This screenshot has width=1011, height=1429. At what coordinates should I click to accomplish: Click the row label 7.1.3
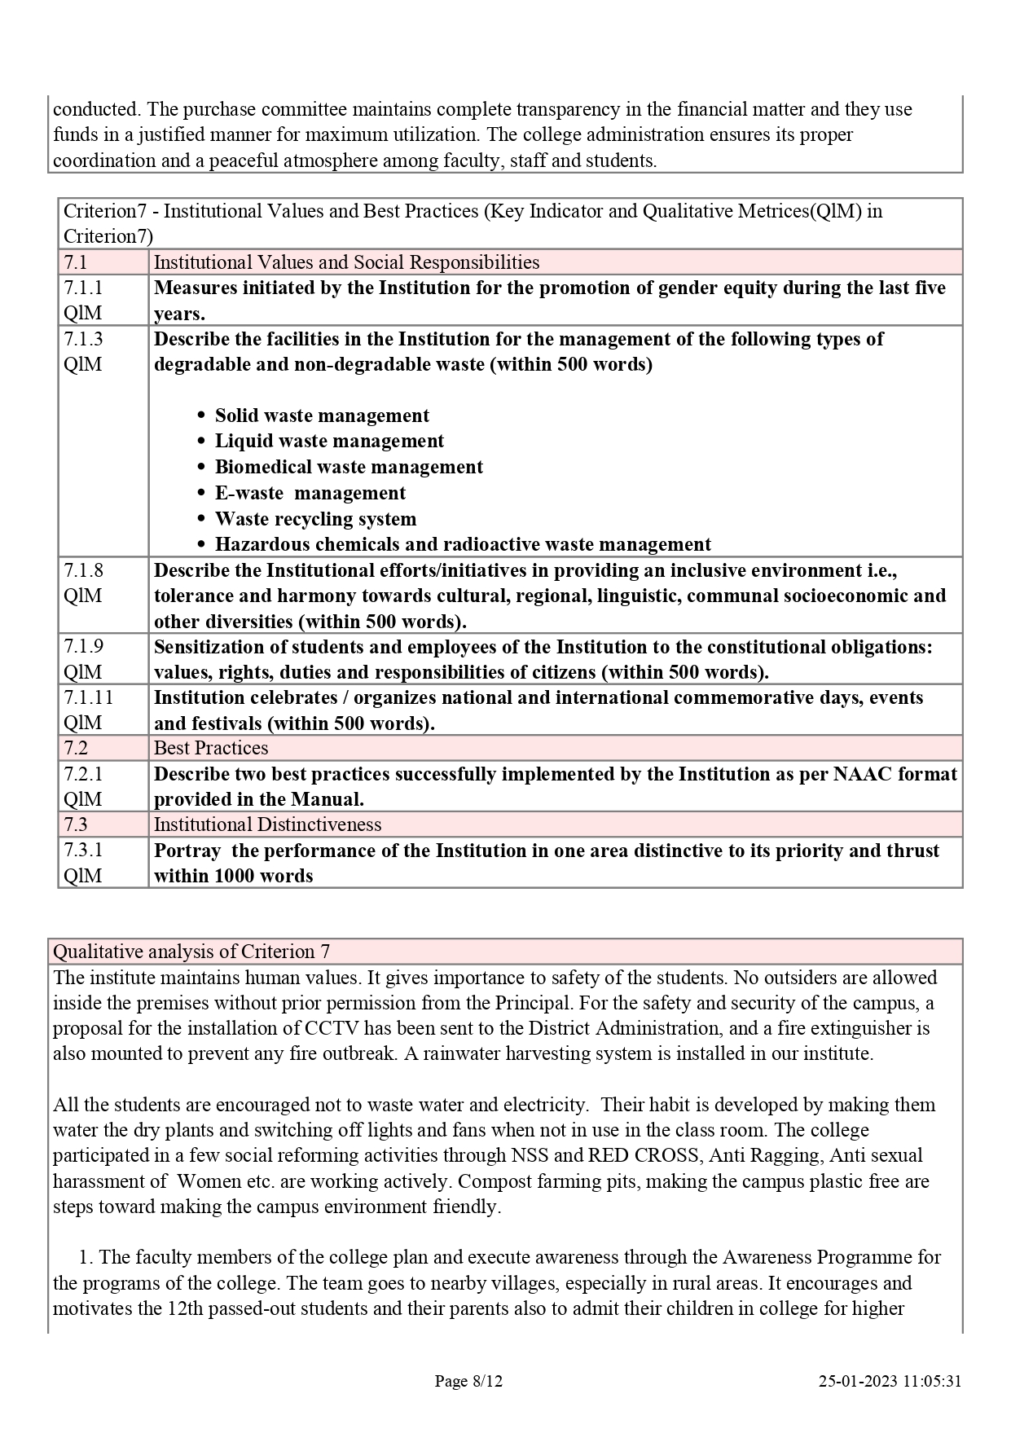pos(83,338)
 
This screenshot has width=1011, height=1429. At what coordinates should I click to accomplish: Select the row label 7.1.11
pos(88,697)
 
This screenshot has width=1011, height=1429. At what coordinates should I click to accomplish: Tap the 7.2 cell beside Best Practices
pos(76,748)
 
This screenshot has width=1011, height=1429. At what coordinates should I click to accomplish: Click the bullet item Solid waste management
pos(322,416)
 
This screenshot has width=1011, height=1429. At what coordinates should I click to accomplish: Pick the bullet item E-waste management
pos(310,493)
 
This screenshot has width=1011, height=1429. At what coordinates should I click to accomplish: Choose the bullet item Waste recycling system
pos(315,519)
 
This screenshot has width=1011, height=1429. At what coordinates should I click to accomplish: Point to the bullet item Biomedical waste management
pos(349,467)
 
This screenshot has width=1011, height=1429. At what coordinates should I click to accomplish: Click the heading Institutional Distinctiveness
pos(267,824)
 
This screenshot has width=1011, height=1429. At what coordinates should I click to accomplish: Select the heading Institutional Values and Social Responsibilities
pos(346,262)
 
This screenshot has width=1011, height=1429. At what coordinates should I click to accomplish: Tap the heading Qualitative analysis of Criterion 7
pos(191,952)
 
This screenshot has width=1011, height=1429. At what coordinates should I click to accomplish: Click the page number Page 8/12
pos(468,1381)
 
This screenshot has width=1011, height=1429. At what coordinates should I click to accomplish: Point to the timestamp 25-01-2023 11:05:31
pos(890,1381)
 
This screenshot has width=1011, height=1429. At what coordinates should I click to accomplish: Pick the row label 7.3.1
pos(83,850)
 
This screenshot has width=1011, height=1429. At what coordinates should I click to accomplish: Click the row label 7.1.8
pos(83,569)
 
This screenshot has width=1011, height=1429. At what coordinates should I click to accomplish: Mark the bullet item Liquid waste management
pos(329,441)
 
